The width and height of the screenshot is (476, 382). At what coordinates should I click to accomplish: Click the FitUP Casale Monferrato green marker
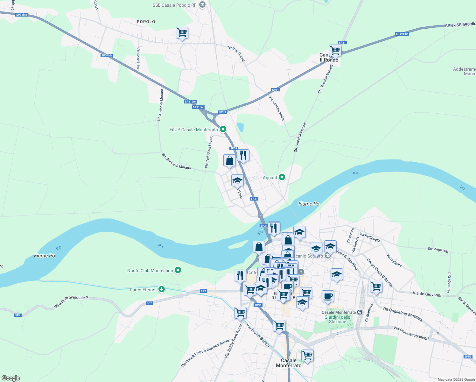[223, 129]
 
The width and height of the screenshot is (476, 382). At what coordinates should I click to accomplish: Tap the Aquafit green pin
[282, 177]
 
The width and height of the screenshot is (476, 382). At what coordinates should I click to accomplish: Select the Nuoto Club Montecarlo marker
[178, 271]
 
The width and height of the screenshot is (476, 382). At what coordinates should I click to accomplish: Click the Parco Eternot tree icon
[162, 289]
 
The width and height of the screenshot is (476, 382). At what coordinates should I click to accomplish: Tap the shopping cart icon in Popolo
[182, 33]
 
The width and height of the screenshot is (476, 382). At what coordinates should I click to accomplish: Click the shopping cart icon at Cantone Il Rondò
[335, 50]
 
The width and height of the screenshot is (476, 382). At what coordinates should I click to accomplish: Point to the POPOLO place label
[146, 22]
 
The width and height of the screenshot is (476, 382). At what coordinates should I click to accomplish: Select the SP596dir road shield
[402, 34]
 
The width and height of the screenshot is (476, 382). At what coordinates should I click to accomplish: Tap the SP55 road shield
[468, 357]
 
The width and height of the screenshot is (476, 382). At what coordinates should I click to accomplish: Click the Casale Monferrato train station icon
[360, 312]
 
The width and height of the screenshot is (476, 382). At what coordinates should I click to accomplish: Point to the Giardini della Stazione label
[338, 319]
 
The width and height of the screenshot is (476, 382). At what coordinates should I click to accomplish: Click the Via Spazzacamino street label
[276, 109]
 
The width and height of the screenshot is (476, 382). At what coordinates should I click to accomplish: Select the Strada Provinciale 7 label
[71, 302]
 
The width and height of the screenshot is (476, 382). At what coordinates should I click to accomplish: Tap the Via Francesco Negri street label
[411, 333]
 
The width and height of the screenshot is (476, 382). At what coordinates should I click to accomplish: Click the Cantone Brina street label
[139, 58]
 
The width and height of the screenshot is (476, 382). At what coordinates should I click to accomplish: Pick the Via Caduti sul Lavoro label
[209, 152]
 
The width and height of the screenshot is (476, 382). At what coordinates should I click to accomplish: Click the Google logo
[10, 378]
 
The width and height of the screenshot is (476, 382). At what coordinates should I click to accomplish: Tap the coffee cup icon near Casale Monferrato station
[328, 296]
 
